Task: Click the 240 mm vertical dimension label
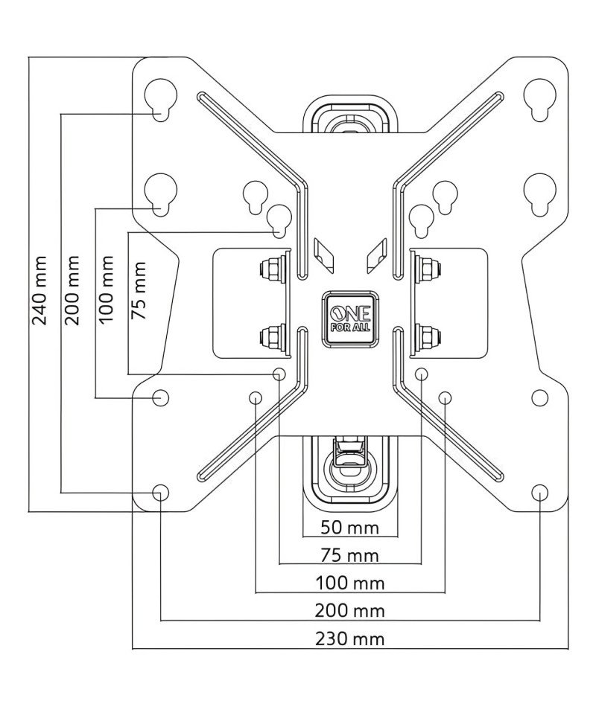coord(39,290)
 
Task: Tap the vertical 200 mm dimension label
coord(72,290)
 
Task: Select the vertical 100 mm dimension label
coord(106,289)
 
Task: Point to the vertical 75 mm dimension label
coord(139,290)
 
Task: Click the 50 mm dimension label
coord(350,527)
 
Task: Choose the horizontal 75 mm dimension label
coord(350,555)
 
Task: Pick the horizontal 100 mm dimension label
coord(350,583)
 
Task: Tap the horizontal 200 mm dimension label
coord(350,611)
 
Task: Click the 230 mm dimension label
coord(350,639)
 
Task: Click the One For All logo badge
coord(350,319)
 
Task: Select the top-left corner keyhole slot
coord(161,100)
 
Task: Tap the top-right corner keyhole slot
coord(539,100)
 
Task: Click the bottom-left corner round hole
coord(161,493)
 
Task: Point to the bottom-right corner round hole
coord(539,493)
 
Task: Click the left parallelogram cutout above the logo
coord(324,255)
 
